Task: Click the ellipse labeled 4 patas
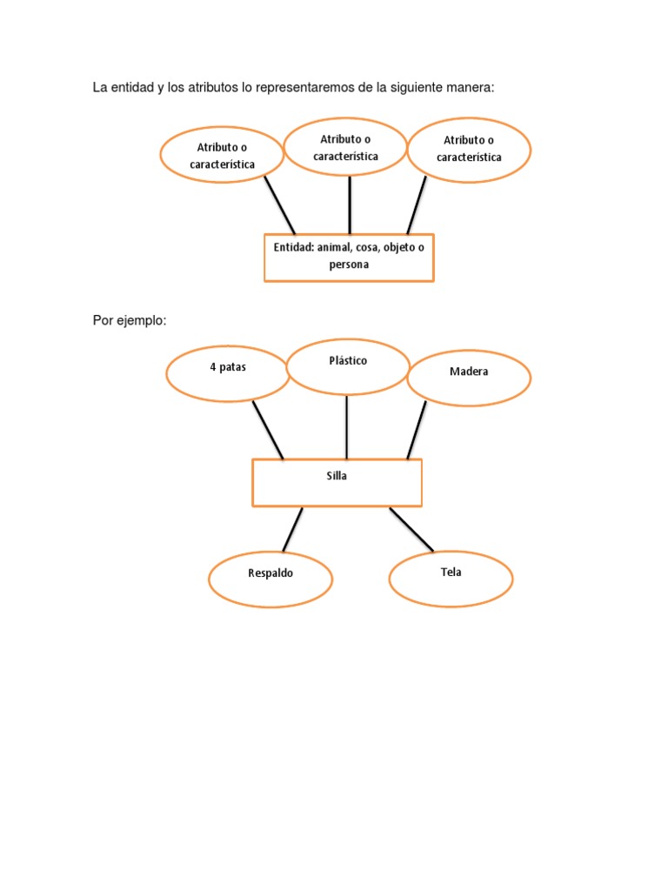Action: coord(228,374)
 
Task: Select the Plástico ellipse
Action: coord(348,366)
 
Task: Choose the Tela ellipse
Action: coord(451,579)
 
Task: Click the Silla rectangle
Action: coord(337,483)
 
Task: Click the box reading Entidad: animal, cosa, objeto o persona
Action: coord(349,257)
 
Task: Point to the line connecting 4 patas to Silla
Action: coord(268,430)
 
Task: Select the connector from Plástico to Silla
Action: coord(347,426)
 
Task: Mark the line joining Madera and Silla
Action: coord(417,430)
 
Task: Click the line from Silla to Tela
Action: coord(411,529)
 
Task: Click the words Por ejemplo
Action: coord(129,321)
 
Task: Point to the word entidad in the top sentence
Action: coord(130,88)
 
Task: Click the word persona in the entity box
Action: coord(349,265)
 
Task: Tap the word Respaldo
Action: coord(271,573)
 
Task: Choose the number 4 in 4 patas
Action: coord(213,367)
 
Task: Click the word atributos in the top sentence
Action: coord(204,88)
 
